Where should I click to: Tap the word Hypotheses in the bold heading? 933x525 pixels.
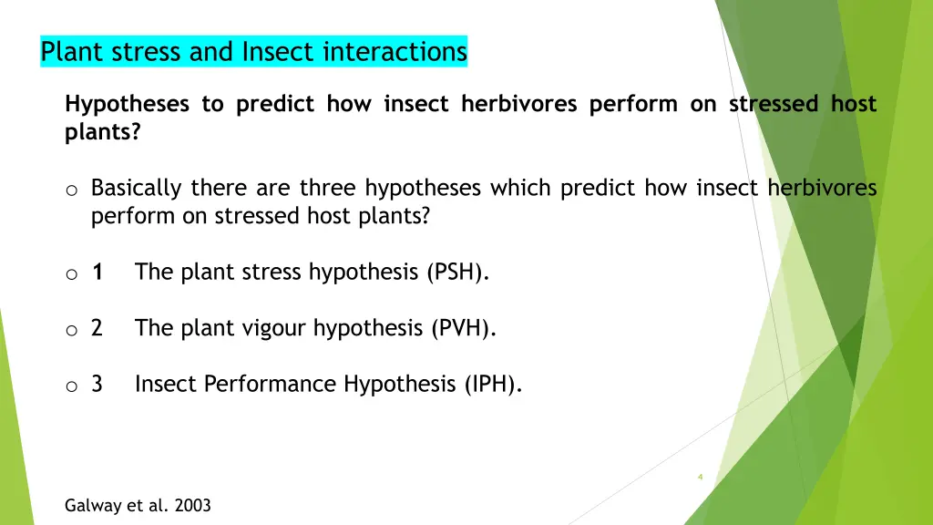tap(127, 105)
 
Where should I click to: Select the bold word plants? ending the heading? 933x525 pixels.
tap(103, 132)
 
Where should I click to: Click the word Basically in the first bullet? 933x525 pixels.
tap(139, 189)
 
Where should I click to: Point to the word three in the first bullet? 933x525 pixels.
tap(329, 189)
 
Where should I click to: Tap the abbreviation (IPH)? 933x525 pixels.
tap(493, 385)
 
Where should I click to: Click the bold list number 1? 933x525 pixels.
tap(97, 272)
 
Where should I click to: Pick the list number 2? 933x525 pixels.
tap(97, 328)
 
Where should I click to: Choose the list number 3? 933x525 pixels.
tap(97, 385)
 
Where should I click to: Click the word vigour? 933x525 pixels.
tap(272, 328)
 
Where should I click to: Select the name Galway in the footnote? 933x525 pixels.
tap(92, 505)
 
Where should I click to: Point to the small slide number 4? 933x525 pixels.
tap(700, 477)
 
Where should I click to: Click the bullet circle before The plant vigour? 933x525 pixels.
tap(71, 330)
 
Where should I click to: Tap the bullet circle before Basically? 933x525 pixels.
tap(71, 190)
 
